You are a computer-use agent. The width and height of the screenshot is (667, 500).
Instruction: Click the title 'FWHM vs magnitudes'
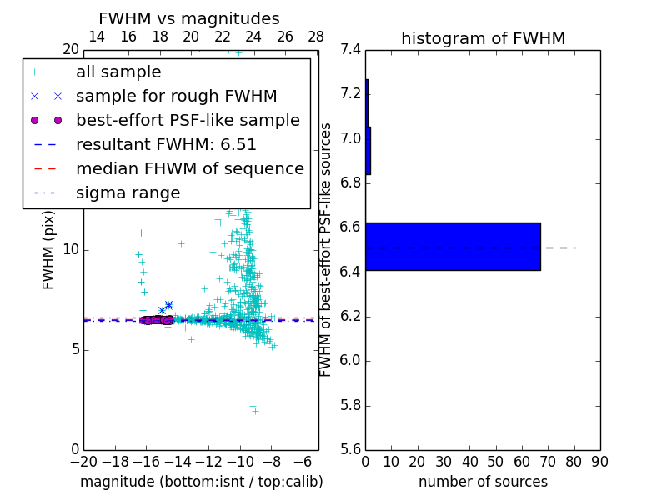click(189, 18)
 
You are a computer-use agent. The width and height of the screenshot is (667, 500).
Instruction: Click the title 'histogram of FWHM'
click(483, 38)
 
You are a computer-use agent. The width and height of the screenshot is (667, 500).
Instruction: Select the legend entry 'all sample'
click(118, 72)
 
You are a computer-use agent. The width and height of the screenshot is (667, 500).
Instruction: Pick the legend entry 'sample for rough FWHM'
click(176, 97)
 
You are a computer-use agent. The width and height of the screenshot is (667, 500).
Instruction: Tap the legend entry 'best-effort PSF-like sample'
click(188, 121)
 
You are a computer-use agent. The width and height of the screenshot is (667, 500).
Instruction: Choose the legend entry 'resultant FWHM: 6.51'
click(166, 145)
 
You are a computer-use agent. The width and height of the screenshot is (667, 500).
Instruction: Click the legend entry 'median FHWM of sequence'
click(189, 169)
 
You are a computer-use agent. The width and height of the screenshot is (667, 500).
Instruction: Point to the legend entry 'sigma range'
click(128, 193)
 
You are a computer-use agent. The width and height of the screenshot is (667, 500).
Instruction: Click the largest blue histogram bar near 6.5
click(453, 247)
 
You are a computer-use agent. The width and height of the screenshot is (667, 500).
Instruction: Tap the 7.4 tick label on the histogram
click(350, 49)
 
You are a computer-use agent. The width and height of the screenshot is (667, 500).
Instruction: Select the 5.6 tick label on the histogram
click(350, 450)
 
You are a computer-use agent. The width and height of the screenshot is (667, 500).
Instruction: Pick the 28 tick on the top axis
click(316, 37)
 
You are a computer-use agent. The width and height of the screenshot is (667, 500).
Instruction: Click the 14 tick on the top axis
click(97, 37)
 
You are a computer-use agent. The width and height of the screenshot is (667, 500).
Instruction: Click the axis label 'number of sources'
click(483, 482)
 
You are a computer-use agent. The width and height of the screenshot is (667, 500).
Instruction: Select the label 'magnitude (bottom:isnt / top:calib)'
click(201, 482)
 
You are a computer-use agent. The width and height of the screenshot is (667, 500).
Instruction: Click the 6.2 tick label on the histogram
click(350, 316)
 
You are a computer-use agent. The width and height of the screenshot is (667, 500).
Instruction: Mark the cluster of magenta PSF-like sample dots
click(156, 320)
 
